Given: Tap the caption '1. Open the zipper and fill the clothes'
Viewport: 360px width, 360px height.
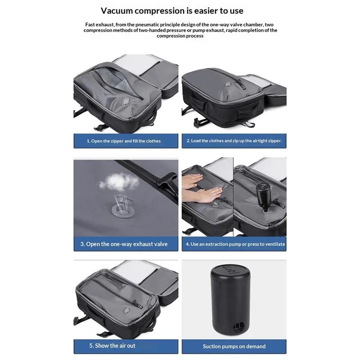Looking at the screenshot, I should [x=123, y=141].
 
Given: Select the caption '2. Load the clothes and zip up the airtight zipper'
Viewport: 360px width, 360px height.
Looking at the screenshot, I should [x=234, y=141].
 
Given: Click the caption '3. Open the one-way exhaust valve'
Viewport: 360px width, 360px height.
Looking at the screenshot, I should [x=124, y=244].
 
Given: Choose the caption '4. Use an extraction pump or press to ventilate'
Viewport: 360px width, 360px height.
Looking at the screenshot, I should [x=234, y=244].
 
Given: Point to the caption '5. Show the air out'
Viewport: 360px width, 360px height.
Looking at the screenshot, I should [x=112, y=346].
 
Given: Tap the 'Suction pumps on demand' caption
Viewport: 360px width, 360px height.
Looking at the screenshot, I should [x=234, y=346].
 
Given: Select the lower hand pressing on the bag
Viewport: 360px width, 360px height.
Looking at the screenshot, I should [x=208, y=195].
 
